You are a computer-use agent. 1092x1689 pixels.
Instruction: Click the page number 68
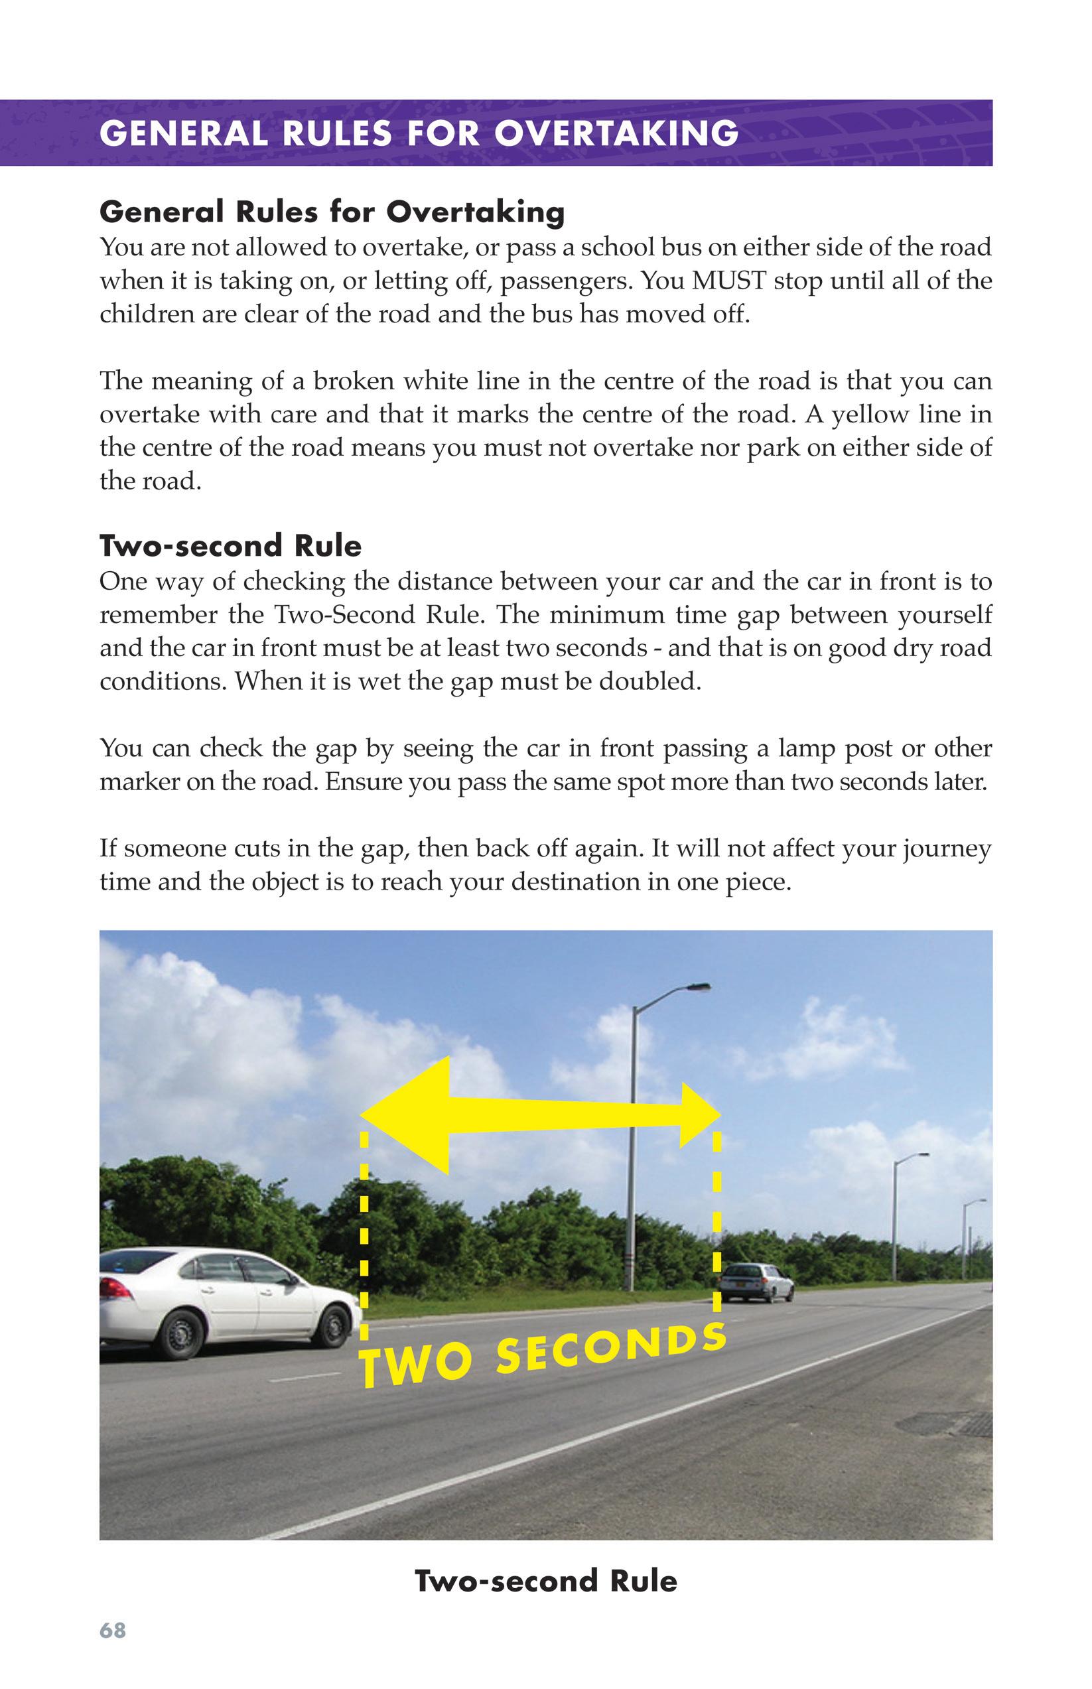[113, 1629]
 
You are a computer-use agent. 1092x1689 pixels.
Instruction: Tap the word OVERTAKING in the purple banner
[616, 134]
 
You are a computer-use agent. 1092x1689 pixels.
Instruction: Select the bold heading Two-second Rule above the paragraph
[230, 546]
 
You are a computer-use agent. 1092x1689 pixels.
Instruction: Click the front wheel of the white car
[332, 1325]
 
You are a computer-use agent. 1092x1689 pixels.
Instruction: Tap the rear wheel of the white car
[177, 1334]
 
